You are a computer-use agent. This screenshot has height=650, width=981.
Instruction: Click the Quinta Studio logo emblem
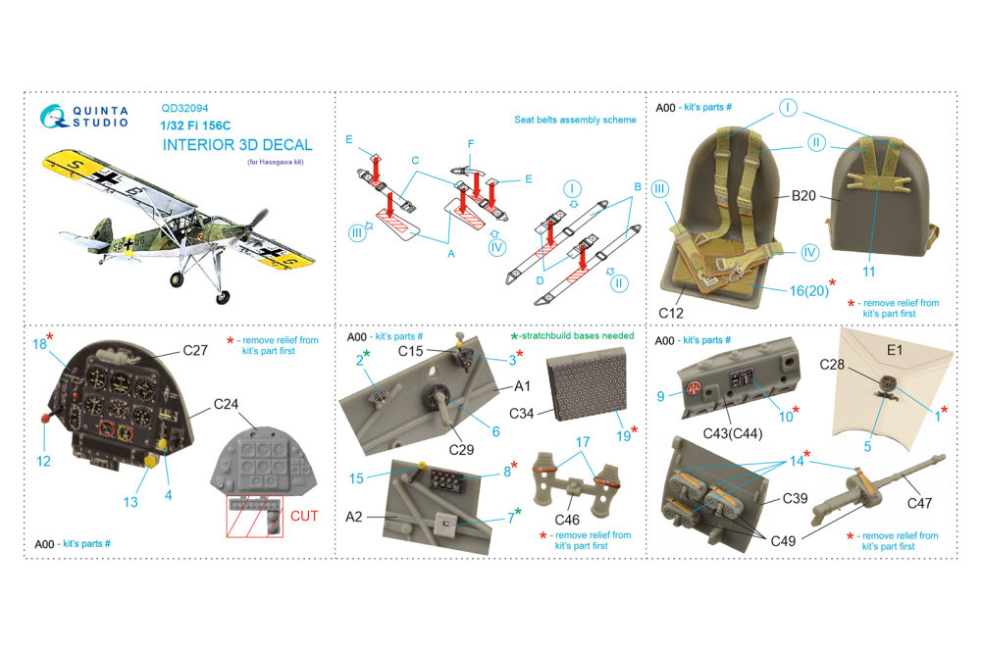click(54, 117)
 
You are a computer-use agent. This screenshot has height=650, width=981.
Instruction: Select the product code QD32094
click(184, 108)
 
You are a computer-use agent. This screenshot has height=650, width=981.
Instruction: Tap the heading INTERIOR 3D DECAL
click(237, 145)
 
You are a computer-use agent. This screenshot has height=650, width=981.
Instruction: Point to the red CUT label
click(304, 517)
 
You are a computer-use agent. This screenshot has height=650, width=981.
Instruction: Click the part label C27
click(195, 351)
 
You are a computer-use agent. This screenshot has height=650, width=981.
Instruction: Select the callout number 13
click(130, 502)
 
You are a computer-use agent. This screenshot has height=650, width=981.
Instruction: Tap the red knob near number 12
click(46, 418)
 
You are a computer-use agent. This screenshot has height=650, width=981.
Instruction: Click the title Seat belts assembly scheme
click(575, 120)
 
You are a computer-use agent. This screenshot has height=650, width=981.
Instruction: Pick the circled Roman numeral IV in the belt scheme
click(496, 247)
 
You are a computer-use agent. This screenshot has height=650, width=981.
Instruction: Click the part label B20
click(803, 196)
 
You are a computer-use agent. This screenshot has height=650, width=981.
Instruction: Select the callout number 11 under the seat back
click(869, 272)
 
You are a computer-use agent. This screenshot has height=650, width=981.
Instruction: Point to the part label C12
click(671, 313)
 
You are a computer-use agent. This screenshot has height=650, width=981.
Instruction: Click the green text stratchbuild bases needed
click(577, 336)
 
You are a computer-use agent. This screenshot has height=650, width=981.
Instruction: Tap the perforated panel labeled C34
click(587, 382)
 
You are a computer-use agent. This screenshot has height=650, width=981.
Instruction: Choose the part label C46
click(567, 520)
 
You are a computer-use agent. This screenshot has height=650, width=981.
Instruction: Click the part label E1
click(895, 351)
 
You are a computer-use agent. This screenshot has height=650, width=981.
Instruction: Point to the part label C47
click(919, 503)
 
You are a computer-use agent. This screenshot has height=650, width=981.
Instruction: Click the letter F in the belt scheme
click(471, 144)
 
